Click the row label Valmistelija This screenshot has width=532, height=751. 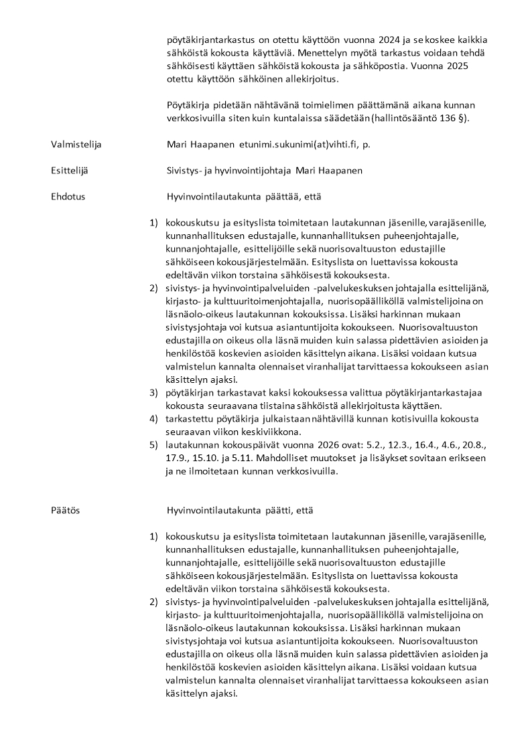tap(76, 144)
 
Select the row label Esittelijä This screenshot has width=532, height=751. tap(69, 170)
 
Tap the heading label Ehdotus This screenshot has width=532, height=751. tap(68, 197)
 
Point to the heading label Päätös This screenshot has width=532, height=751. tap(65, 511)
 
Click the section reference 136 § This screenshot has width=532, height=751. tap(454, 118)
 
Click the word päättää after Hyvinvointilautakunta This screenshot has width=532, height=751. tap(285, 197)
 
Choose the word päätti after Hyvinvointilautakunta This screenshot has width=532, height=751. tap(283, 511)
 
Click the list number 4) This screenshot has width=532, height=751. tap(153, 419)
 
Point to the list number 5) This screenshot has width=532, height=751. tap(153, 445)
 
